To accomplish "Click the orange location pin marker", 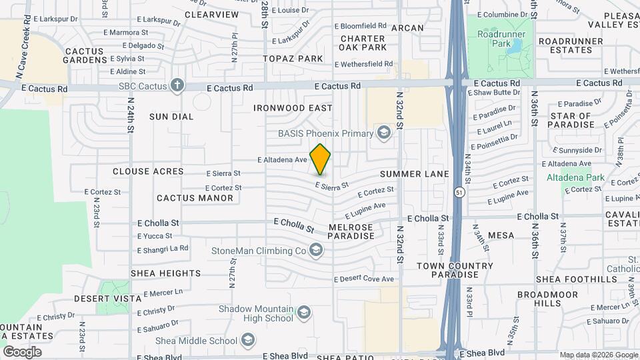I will [321, 159].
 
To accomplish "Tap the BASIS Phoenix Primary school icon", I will [383, 133].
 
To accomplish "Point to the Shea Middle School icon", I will [248, 341].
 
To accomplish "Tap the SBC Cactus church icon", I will [177, 85].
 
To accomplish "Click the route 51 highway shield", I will [459, 193].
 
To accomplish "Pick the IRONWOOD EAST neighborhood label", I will [293, 108].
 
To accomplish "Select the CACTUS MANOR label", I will [195, 198].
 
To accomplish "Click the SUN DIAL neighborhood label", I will [171, 117].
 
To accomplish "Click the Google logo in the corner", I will [22, 351].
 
